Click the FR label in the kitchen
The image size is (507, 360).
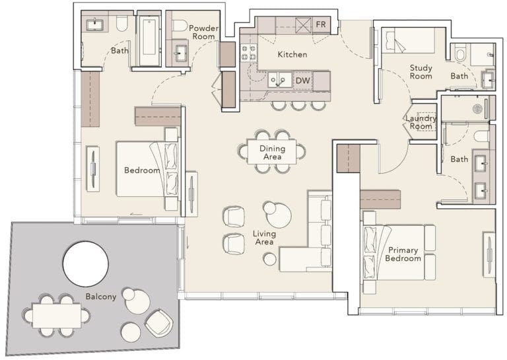point(320,25)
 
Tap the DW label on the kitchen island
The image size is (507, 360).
point(302,81)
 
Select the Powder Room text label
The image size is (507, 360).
point(203,32)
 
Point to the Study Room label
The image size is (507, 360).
point(421,72)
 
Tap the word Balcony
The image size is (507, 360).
point(100,297)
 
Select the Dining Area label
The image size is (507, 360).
point(272,153)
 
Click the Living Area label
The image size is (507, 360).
point(264,238)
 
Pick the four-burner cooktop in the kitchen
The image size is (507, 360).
point(248,53)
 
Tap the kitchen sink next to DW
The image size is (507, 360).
point(280,81)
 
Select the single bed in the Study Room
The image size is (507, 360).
point(410,41)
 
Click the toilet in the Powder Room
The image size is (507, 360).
point(179,26)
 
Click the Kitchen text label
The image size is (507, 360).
point(292,54)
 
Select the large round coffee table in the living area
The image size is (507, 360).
point(277,214)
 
